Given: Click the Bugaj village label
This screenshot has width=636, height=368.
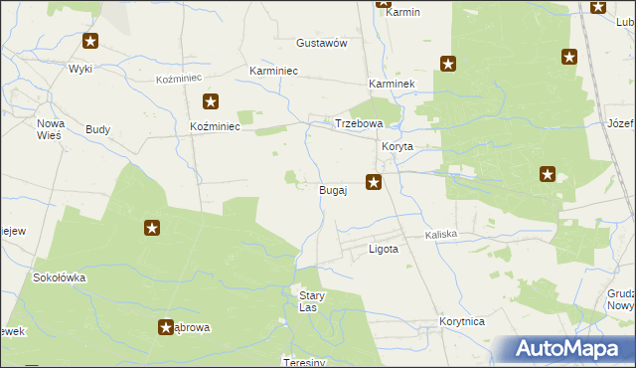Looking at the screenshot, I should (x=332, y=189).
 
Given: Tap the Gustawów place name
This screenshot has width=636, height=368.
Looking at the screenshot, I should (x=321, y=44).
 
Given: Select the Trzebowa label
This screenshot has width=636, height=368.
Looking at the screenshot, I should (x=359, y=123).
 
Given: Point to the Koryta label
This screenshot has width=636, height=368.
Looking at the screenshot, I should (x=397, y=145).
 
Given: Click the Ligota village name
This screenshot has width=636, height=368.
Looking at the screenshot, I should (x=384, y=250).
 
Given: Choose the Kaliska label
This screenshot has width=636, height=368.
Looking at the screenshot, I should (x=441, y=235).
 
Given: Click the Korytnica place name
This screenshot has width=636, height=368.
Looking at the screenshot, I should (x=461, y=323).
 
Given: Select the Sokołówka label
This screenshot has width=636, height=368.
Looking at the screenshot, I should (x=60, y=278).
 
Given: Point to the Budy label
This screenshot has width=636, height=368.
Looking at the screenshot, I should (x=98, y=129).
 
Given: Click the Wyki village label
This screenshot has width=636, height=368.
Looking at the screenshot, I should (x=79, y=68).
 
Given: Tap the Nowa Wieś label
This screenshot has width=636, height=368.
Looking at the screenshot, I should (x=50, y=128).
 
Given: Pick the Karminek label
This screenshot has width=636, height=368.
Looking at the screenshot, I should (x=391, y=86).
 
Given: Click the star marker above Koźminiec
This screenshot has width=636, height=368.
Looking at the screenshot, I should (x=211, y=100).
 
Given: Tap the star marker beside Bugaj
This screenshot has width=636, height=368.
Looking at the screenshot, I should (x=374, y=181).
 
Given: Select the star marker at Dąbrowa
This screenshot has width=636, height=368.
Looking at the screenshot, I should (x=166, y=326).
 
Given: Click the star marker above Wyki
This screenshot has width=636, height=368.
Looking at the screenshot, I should (x=90, y=41).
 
